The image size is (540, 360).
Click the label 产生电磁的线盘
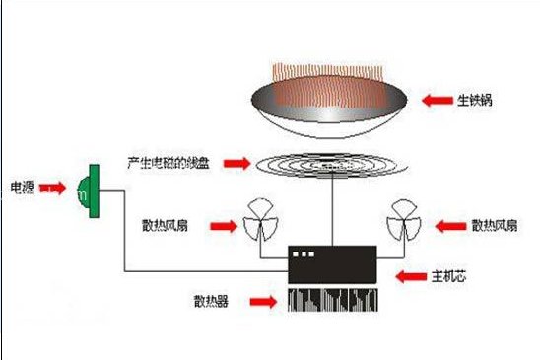[168, 161]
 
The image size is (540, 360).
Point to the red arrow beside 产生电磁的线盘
[236, 161]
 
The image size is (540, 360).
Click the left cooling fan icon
[261, 221]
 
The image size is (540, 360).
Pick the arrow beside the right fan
[449, 225]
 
